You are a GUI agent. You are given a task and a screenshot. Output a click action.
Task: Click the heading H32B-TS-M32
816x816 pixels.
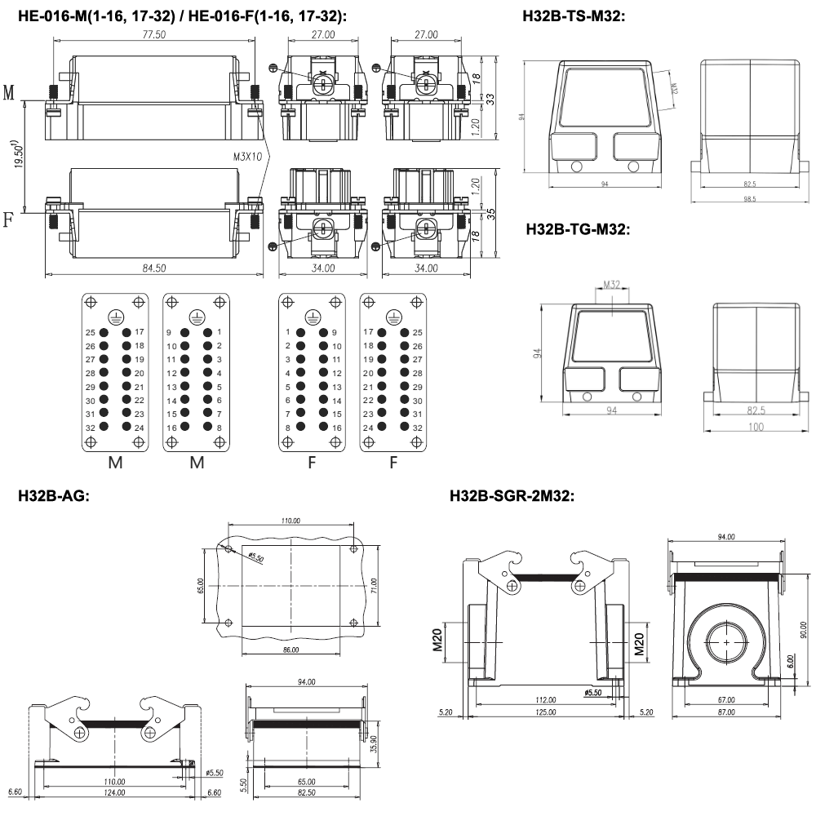(575, 16)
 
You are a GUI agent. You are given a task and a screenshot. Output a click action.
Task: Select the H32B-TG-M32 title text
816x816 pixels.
(579, 230)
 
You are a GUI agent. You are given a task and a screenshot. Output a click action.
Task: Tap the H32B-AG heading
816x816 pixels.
(54, 494)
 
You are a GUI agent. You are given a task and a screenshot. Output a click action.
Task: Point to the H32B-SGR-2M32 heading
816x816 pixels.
(512, 494)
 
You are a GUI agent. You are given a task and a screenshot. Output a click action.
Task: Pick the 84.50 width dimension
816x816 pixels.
(154, 268)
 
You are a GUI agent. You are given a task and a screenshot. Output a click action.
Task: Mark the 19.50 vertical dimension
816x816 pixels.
(18, 154)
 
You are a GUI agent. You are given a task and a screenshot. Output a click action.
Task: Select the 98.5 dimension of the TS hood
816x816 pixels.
(749, 198)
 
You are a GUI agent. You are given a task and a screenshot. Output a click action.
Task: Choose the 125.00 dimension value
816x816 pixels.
(546, 712)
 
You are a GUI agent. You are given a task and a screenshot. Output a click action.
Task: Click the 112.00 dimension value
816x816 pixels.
(546, 700)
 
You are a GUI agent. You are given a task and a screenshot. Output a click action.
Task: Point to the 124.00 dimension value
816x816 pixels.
(114, 792)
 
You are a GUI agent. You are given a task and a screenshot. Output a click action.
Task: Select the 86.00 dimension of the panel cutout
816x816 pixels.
(290, 650)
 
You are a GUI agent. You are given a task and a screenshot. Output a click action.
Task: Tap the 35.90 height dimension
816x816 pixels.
(373, 743)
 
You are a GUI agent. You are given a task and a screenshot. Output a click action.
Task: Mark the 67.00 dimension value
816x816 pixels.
(725, 700)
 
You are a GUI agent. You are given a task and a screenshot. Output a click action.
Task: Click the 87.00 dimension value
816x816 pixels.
(725, 712)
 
